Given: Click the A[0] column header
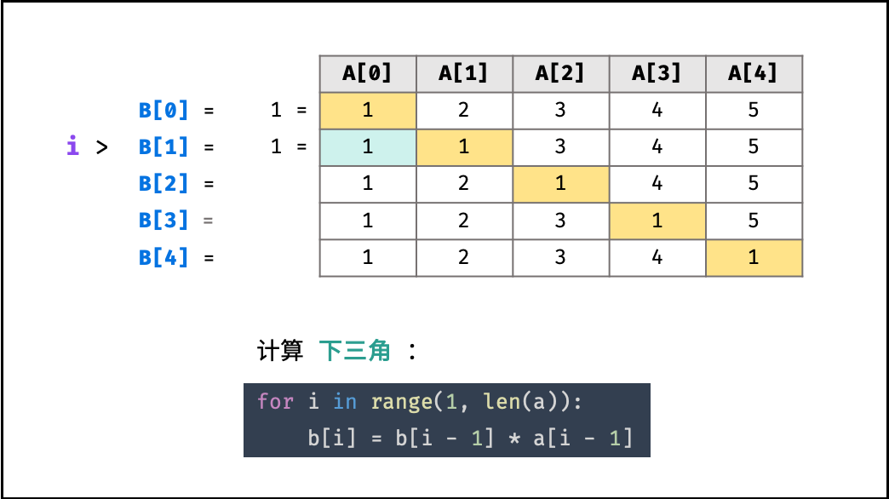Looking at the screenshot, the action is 368,74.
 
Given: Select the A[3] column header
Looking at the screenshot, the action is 657,74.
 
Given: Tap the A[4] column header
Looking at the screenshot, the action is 754,74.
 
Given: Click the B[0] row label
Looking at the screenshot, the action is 163,110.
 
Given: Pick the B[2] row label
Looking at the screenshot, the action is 163,184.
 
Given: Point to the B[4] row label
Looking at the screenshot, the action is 163,257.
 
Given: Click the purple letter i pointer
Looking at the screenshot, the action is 72,145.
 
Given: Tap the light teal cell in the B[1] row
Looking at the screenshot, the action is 368,147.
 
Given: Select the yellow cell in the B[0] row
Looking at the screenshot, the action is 368,111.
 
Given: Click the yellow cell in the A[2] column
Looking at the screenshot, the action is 561,184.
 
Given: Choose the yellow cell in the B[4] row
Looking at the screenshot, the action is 754,258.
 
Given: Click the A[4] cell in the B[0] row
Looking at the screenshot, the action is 754,111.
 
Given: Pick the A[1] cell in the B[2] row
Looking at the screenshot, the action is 464,184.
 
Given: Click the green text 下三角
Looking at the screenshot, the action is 355,351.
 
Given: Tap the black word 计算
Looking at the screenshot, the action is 280,351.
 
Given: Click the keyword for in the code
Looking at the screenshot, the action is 276,401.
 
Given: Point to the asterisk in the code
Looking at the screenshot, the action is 514,438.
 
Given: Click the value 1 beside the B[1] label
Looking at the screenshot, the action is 276,146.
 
